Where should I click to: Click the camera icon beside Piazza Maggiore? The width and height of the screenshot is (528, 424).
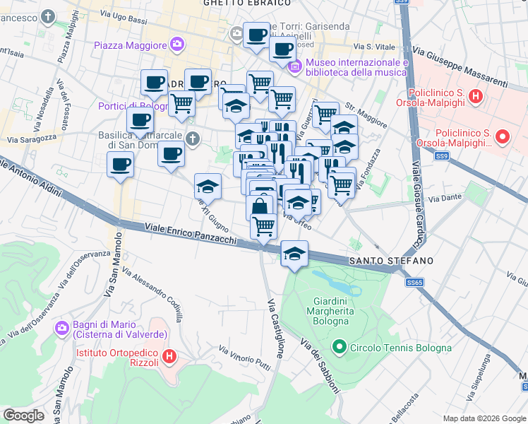pos(177,45)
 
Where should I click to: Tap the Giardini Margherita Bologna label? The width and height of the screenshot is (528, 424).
pos(328,311)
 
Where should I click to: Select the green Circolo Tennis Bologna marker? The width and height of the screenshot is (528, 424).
pos(340,348)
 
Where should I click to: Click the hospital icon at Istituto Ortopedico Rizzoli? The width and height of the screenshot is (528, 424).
pos(169,357)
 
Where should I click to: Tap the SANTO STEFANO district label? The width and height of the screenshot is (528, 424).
pos(390,261)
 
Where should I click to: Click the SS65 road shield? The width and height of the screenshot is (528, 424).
pos(414,282)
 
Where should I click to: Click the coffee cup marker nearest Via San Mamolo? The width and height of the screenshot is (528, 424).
pos(119,165)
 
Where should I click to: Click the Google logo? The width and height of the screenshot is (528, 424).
pos(23,415)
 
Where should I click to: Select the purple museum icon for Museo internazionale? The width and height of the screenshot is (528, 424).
pos(295,66)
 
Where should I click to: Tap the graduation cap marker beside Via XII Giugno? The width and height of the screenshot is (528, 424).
pos(208,187)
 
